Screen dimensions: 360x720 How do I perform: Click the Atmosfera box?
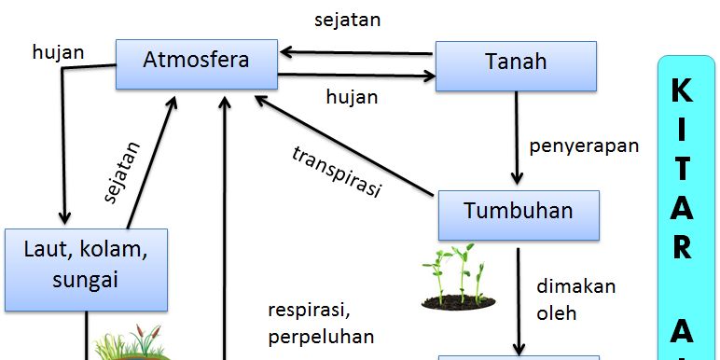click(197, 62)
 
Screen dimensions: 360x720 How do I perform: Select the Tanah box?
click(516, 64)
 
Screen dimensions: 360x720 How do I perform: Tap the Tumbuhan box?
click(519, 211)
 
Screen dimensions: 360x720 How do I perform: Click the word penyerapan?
click(584, 145)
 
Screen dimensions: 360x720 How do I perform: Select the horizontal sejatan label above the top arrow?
click(347, 19)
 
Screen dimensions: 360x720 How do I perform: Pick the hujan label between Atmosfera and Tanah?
click(351, 95)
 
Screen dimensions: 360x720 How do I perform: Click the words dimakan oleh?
click(575, 299)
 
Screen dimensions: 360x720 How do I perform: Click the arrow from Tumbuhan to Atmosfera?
click(345, 145)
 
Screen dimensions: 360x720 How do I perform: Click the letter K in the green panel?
click(682, 91)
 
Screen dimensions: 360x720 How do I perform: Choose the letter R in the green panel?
click(682, 247)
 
